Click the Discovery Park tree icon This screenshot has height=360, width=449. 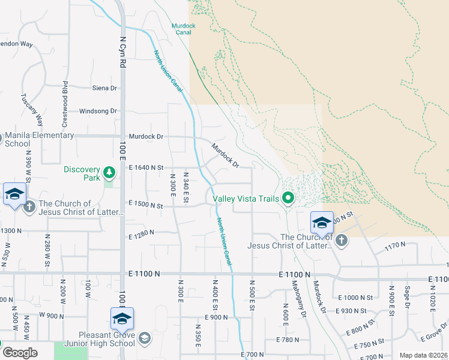(109, 173)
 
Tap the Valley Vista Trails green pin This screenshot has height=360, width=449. (288, 197)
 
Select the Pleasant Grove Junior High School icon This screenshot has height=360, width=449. (144, 339)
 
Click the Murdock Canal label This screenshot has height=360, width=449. (181, 29)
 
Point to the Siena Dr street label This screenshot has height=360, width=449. (104, 88)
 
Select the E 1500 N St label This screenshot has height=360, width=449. (146, 206)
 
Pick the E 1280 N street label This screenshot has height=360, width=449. (141, 232)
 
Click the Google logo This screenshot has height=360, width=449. (20, 353)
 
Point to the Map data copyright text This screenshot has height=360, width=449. (423, 355)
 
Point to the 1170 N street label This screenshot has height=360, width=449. (396, 245)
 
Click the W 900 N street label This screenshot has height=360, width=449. (52, 315)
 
